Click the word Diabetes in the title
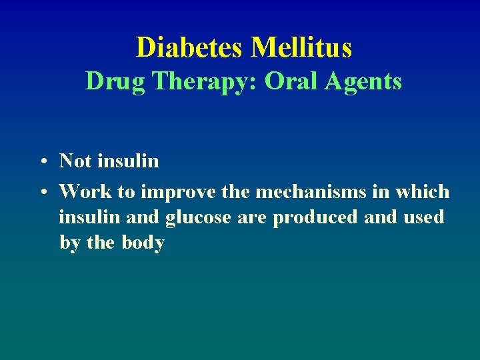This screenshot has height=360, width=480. [190, 47]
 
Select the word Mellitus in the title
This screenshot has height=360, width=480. [301, 47]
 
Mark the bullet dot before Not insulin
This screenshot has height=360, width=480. [42, 162]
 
